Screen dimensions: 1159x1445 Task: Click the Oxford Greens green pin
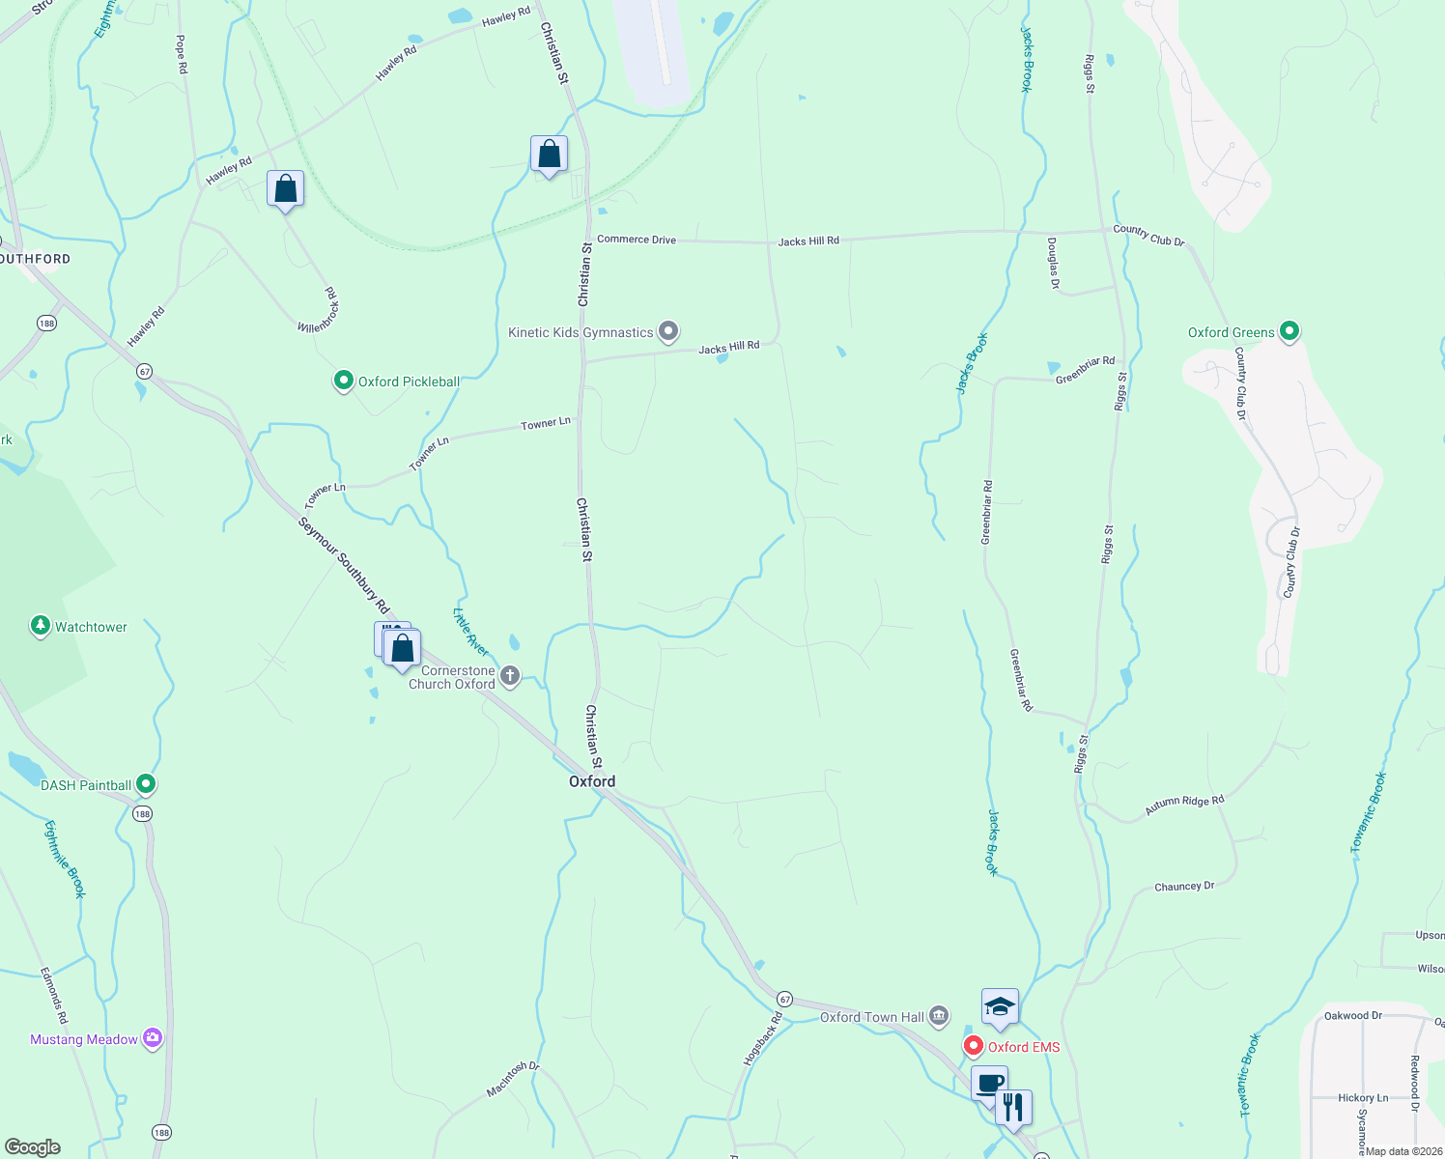(1289, 332)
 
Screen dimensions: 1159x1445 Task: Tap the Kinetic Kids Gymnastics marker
(668, 332)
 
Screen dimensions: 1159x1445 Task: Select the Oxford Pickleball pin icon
(343, 382)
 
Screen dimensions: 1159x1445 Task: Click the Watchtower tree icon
(40, 627)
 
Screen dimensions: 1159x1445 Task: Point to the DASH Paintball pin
(146, 784)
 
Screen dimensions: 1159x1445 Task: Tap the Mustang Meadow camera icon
(152, 1039)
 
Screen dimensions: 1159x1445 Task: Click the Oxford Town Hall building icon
(939, 1016)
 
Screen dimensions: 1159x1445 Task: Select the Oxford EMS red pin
(974, 1046)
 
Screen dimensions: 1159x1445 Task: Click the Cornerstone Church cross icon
(511, 676)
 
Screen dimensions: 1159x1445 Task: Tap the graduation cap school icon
(1000, 1007)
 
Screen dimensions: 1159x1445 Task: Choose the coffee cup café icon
(989, 1083)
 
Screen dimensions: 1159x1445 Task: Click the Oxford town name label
(592, 781)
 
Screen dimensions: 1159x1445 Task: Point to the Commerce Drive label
(637, 240)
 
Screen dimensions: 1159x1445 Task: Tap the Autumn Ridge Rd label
(1184, 806)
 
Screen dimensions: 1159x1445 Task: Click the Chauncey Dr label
(1184, 887)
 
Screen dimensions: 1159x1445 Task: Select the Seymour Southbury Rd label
(344, 566)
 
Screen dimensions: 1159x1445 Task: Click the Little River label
(470, 633)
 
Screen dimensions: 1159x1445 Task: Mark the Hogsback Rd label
(762, 1038)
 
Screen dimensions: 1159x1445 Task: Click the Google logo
(33, 1147)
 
